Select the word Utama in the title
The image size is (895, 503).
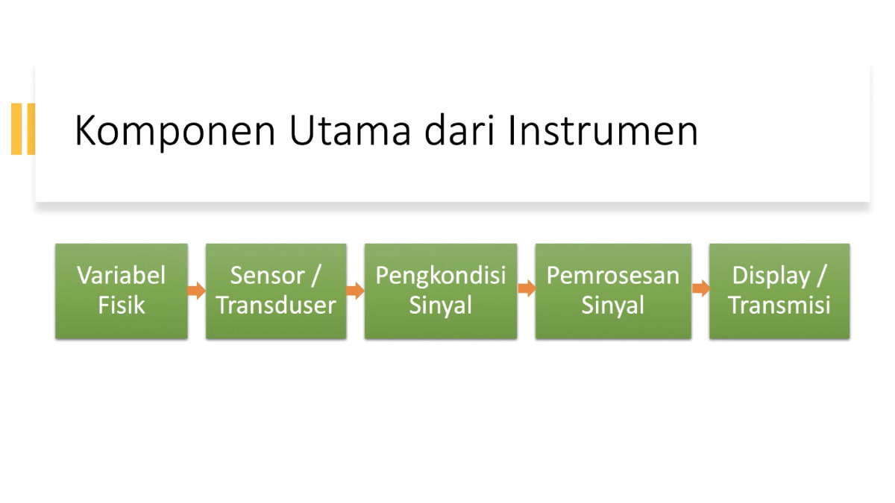coord(350,130)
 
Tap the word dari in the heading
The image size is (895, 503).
coord(460,130)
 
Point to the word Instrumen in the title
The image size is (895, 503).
coord(603,130)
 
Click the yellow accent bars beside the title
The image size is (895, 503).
coord(23,129)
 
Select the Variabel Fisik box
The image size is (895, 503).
coord(122,291)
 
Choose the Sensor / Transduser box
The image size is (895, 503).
coord(276,291)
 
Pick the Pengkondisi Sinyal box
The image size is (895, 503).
coord(441,291)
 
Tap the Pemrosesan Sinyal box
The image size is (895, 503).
coord(613,291)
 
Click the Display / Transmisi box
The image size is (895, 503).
coord(779,291)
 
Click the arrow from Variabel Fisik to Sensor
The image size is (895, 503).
coord(197,290)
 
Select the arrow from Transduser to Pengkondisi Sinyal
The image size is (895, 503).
coord(355,290)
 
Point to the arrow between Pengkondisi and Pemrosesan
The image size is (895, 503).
coord(527,288)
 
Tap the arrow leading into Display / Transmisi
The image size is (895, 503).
coord(701,288)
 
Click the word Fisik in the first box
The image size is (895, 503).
coord(122,306)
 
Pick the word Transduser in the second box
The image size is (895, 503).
coord(276,306)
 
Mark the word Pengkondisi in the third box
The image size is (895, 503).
coord(441,276)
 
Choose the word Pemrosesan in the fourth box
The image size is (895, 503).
coord(613,276)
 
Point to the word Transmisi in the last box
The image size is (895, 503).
coord(779,306)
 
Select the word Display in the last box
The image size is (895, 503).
coord(770,276)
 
